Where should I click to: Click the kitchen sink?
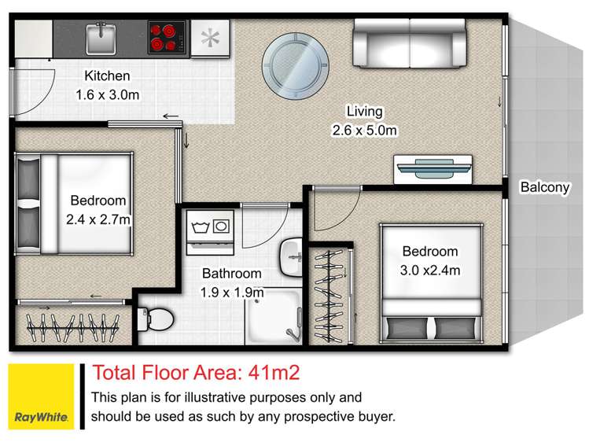pyautogui.click(x=101, y=39)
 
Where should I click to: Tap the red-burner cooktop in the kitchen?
pyautogui.click(x=167, y=37)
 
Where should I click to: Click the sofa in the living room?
pyautogui.click(x=410, y=43)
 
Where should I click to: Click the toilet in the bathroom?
pyautogui.click(x=155, y=319)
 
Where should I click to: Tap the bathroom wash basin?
pyautogui.click(x=291, y=258)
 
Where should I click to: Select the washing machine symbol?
pyautogui.click(x=211, y=232)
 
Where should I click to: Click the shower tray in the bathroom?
pyautogui.click(x=274, y=316)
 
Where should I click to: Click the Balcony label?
pyautogui.click(x=545, y=187)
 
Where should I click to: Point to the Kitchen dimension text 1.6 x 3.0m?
pyautogui.click(x=108, y=94)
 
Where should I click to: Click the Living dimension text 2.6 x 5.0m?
pyautogui.click(x=364, y=131)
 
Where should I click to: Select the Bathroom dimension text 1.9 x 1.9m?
pyautogui.click(x=232, y=292)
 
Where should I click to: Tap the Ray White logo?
pyautogui.click(x=42, y=396)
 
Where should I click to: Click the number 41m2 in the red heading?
pyautogui.click(x=274, y=373)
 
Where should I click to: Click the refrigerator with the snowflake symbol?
pyautogui.click(x=210, y=39)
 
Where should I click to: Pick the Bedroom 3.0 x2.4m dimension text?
pyautogui.click(x=430, y=270)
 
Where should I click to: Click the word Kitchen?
pyautogui.click(x=108, y=76)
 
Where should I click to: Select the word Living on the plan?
pyautogui.click(x=364, y=112)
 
